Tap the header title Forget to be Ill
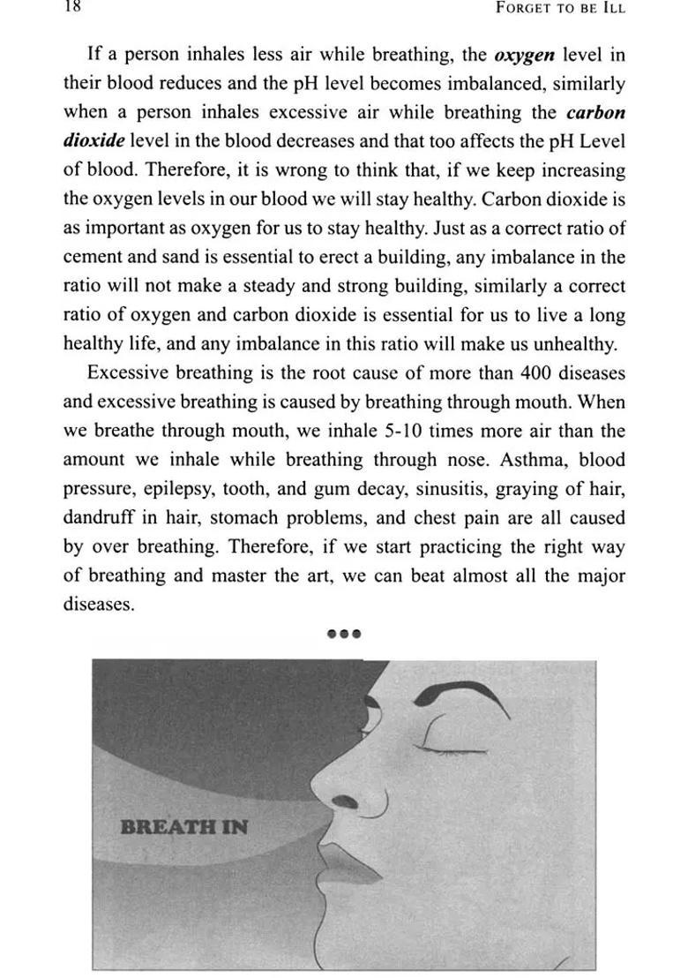561,9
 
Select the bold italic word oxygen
523,55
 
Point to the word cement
92,257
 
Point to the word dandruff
96,517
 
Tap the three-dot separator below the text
344,633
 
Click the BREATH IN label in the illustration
183,827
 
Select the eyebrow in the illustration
459,692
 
